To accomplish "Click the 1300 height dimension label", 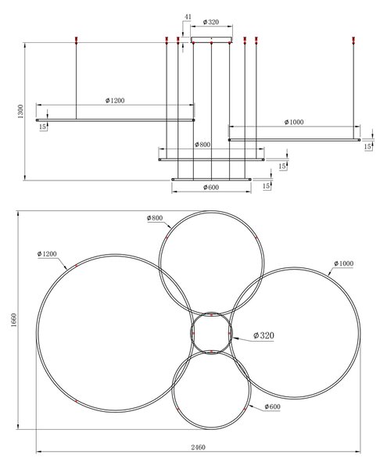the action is point(20,111).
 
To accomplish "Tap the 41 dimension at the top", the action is point(188,16).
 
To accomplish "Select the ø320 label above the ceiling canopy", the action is point(211,22).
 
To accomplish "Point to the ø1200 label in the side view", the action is point(115,101).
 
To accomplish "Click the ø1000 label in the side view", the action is point(294,122).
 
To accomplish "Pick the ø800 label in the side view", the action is point(202,145).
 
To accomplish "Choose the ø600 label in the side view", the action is point(211,188).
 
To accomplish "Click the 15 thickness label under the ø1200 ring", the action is point(43,127).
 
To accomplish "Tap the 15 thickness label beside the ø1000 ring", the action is point(367,147).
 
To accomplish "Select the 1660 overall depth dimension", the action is point(14,320).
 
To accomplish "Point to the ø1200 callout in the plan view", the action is point(47,254).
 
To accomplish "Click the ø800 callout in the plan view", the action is point(155,218).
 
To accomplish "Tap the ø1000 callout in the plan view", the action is point(344,263).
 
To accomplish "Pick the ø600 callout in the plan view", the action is point(272,406).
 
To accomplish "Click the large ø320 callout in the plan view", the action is point(263,335).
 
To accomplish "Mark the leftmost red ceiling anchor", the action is point(77,41).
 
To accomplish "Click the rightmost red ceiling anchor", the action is point(353,41).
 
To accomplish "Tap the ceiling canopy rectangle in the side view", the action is point(211,40).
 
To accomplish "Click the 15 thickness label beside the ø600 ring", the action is point(266,186).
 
